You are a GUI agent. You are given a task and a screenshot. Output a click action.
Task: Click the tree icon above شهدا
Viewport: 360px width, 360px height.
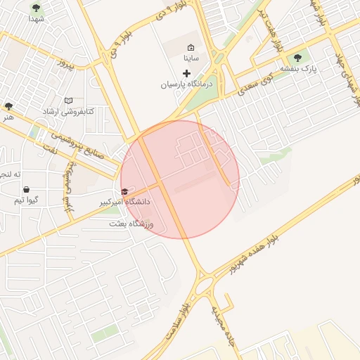pyautogui.click(x=36, y=8)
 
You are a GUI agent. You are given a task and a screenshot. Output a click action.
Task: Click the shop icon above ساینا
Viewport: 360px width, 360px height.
pyautogui.click(x=191, y=47)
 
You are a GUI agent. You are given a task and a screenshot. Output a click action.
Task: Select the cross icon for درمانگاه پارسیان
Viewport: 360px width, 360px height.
pyautogui.click(x=186, y=73)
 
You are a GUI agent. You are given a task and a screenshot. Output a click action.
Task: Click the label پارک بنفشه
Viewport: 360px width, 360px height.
pyautogui.click(x=300, y=69)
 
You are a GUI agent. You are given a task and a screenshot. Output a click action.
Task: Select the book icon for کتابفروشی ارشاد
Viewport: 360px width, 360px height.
pyautogui.click(x=68, y=101)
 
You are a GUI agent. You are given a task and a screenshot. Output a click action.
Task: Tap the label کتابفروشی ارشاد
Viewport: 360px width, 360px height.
pyautogui.click(x=68, y=112)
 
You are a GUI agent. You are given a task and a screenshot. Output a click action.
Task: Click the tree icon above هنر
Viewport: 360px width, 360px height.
pyautogui.click(x=8, y=106)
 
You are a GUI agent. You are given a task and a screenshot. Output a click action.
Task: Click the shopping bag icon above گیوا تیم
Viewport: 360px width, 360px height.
pyautogui.click(x=26, y=189)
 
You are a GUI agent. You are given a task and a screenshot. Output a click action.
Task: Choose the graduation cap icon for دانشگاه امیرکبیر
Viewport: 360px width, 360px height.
pyautogui.click(x=124, y=191)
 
